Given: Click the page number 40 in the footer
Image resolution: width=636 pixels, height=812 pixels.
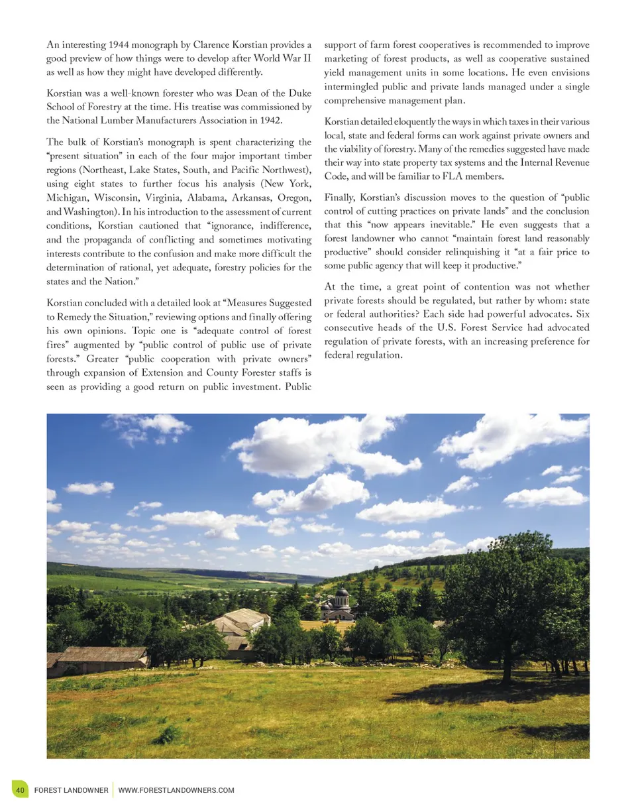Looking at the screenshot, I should [x=21, y=790].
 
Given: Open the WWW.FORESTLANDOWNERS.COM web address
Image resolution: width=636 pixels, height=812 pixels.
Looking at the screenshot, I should [x=176, y=790].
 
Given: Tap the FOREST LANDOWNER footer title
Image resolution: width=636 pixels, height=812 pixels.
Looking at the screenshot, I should [x=71, y=790].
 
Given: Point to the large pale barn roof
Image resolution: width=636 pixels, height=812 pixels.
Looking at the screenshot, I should [x=239, y=623].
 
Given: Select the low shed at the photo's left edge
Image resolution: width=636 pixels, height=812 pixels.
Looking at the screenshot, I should [x=99, y=658].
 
